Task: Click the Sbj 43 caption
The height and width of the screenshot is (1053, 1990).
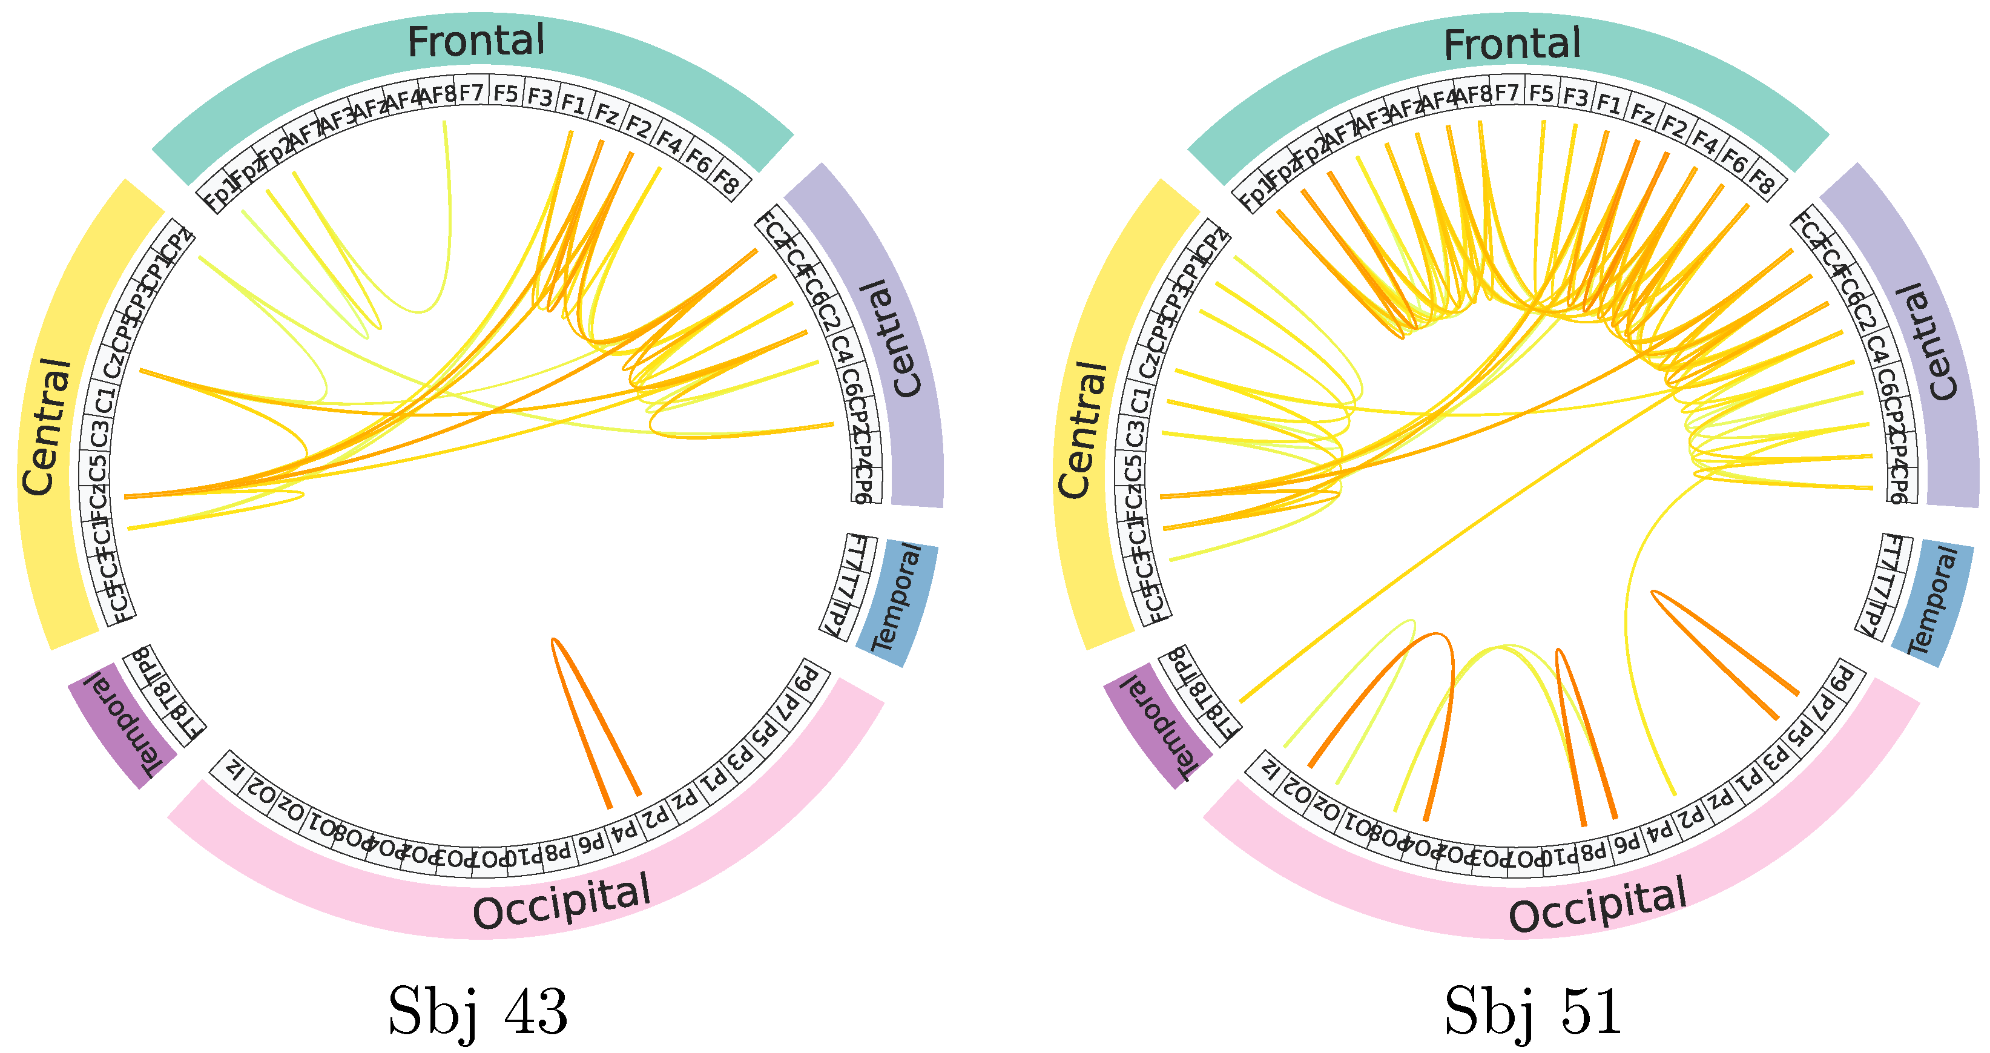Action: (478, 1011)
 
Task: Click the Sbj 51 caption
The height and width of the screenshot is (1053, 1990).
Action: (1533, 1011)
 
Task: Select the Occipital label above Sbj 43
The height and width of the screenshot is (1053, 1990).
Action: (562, 902)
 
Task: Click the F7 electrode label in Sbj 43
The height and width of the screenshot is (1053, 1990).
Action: (470, 93)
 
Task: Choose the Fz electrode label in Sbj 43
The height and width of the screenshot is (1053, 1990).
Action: (607, 114)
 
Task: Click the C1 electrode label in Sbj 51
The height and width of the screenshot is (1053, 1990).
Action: (1139, 400)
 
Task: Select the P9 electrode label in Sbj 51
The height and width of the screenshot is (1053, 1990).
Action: (1842, 680)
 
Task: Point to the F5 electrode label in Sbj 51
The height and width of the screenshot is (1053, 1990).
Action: (1541, 93)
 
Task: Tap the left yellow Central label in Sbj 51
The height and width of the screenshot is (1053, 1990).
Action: (1081, 429)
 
